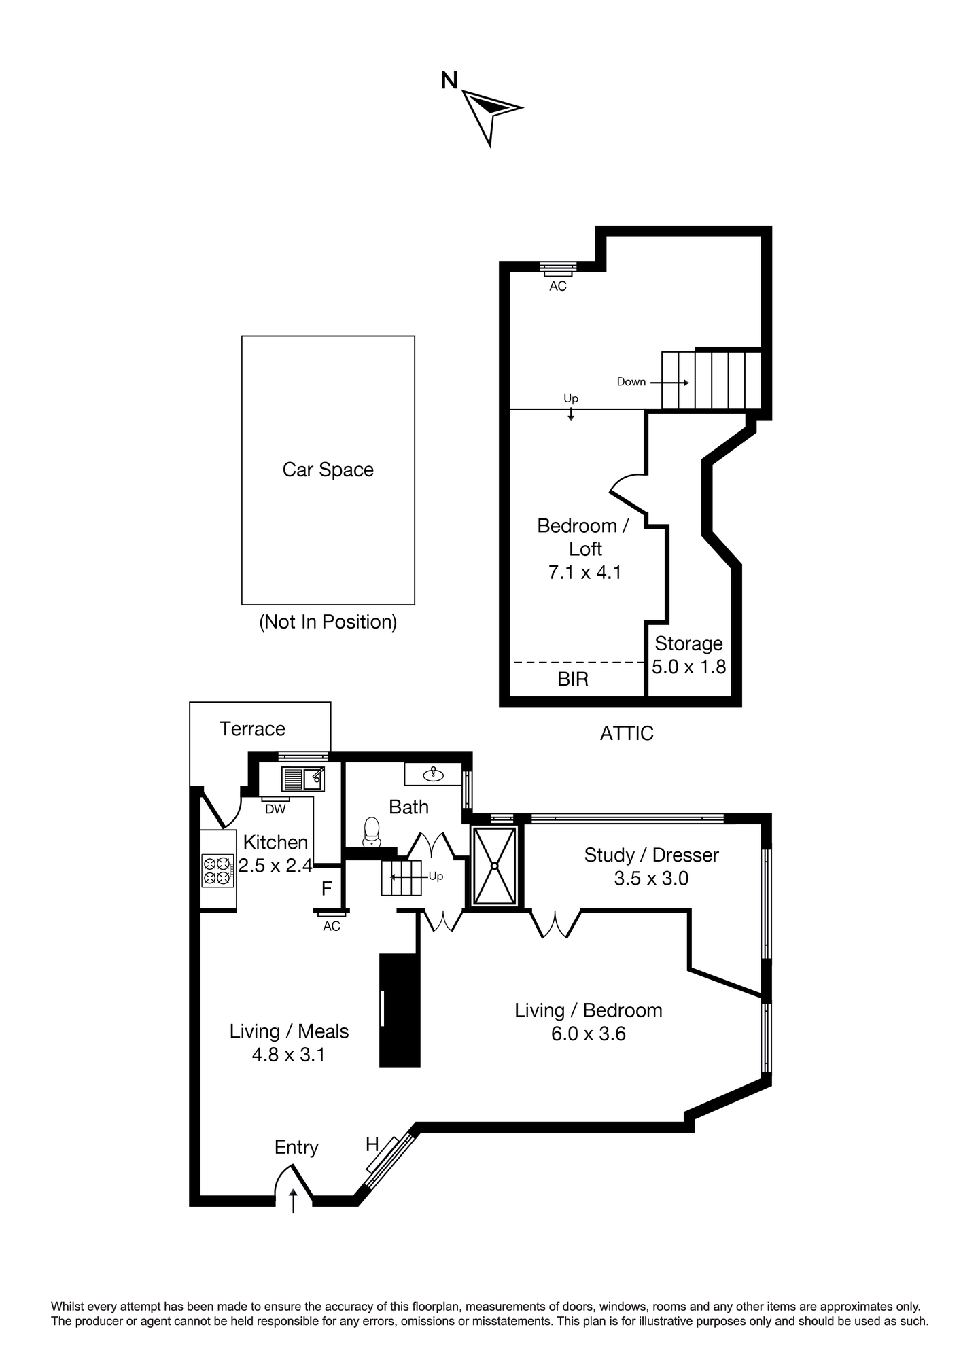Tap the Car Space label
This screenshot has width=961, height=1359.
pos(328,470)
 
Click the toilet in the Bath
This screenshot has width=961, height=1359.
pos(372,832)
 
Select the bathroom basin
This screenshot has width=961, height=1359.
pos(433,773)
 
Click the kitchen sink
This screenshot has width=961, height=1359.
pos(303,778)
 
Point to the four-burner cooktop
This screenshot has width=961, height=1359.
pos(218,870)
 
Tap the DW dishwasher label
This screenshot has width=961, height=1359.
pos(275,809)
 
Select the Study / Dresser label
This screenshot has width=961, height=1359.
pos(651,855)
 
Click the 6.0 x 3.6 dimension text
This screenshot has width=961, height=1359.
pos(589,1034)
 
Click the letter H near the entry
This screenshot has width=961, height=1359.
pos(372,1145)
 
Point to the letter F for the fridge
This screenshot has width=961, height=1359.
pos(326,888)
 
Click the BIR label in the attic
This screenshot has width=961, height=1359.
pos(573,679)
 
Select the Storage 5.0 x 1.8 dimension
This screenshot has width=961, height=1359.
pos(689,667)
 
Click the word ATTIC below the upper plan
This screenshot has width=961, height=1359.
pos(627,733)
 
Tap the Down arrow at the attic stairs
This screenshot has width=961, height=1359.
pos(669,383)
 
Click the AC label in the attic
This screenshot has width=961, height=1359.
pos(558,287)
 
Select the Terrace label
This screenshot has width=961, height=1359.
pos(252,728)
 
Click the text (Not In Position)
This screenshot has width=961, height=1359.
pos(328,622)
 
